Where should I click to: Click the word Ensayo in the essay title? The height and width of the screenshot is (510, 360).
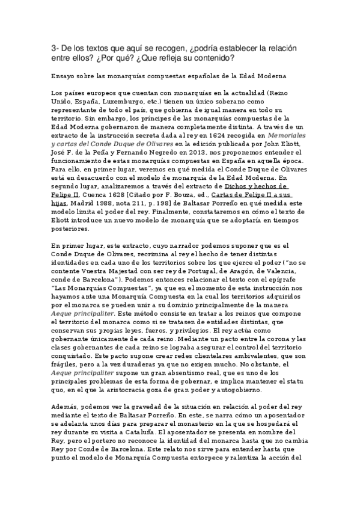pyautogui.click(x=65, y=78)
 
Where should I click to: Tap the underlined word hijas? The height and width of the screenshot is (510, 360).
pyautogui.click(x=62, y=204)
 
